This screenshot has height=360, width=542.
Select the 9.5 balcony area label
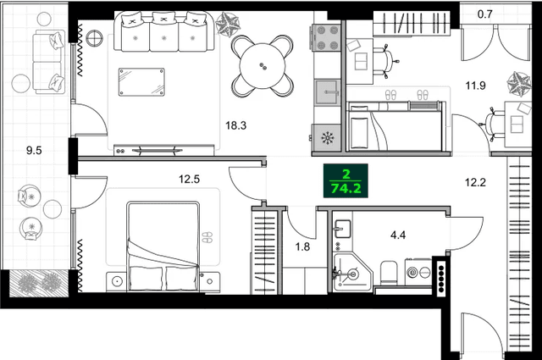click(x=34, y=152)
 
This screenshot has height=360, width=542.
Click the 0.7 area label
click(x=484, y=14)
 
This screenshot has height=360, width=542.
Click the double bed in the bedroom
click(x=162, y=246)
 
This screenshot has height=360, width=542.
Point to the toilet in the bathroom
click(x=389, y=272)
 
